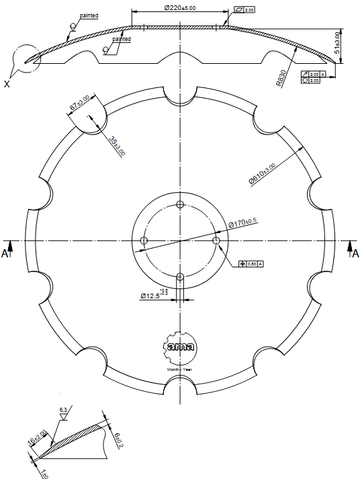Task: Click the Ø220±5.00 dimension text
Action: click(179, 7)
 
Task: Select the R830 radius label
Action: click(282, 78)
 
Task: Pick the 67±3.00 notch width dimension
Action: click(80, 105)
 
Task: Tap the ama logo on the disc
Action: click(180, 347)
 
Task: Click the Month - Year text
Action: click(180, 369)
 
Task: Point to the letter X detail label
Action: click(7, 84)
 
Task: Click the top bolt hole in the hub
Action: click(179, 204)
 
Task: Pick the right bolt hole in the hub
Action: click(216, 240)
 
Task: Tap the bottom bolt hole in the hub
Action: click(179, 276)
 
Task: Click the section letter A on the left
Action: click(5, 253)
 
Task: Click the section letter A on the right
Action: click(355, 253)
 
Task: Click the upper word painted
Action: click(88, 15)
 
